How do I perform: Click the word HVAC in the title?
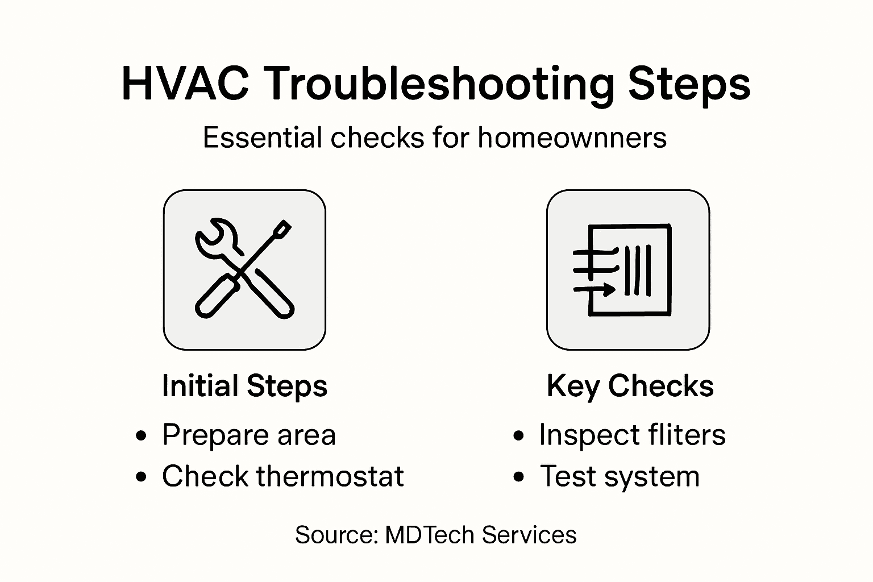click(x=185, y=84)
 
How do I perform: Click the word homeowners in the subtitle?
click(x=572, y=138)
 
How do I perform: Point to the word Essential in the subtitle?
click(x=263, y=138)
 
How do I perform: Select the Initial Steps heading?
click(x=244, y=386)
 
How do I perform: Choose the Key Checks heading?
click(x=630, y=386)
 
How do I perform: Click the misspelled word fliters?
click(x=679, y=435)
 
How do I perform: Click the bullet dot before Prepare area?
click(x=142, y=436)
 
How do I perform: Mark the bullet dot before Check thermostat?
click(x=142, y=477)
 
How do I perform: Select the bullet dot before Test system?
click(x=518, y=477)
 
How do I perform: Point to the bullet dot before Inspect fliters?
click(x=518, y=436)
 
